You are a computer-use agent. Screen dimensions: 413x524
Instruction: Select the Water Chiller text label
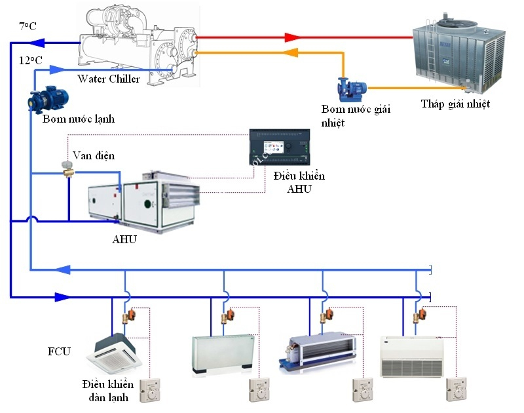tap(109, 79)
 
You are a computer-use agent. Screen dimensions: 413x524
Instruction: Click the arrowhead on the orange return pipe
tap(291, 52)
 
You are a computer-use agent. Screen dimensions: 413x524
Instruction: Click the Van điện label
tap(94, 155)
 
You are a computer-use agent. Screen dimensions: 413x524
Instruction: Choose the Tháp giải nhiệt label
tap(455, 104)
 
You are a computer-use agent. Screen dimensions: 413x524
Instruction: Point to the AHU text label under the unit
tap(124, 239)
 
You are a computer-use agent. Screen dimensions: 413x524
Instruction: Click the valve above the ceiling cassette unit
tap(130, 316)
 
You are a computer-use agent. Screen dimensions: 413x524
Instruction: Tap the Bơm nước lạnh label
tap(79, 119)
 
